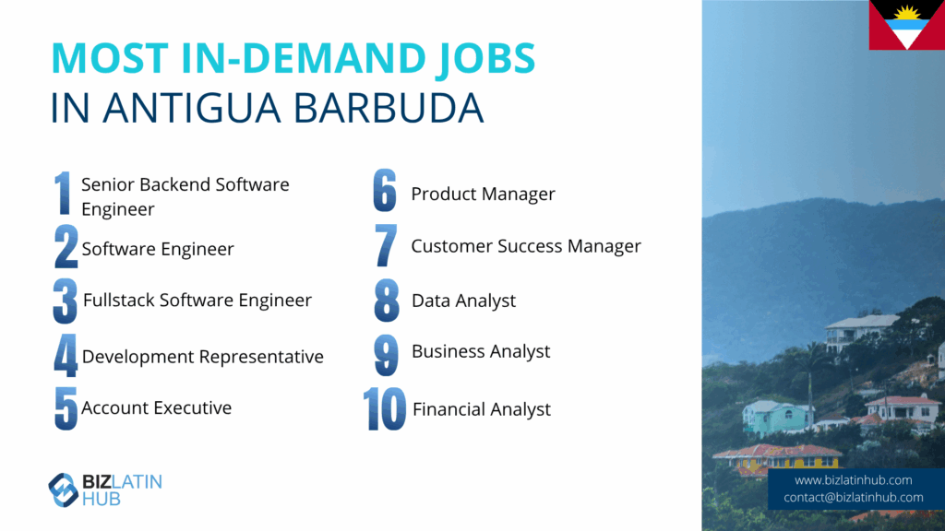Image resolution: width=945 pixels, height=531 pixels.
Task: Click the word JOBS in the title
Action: (x=484, y=59)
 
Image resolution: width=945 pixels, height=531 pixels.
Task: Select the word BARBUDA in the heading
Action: (x=389, y=109)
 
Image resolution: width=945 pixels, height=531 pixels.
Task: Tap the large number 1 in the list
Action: (x=63, y=193)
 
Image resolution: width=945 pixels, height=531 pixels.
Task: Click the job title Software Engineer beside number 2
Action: (x=158, y=249)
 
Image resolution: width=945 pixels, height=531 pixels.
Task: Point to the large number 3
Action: (x=66, y=301)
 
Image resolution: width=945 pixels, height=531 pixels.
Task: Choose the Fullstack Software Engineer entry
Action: (x=197, y=300)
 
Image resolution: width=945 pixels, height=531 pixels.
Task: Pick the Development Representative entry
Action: (x=202, y=357)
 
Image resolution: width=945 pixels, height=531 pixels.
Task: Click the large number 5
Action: (x=66, y=407)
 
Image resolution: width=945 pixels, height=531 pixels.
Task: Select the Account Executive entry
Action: (x=156, y=407)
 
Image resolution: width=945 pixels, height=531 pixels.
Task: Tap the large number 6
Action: (x=385, y=190)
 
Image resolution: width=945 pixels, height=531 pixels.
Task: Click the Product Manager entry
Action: (x=483, y=194)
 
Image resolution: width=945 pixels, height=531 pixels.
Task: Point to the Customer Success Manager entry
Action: (x=525, y=246)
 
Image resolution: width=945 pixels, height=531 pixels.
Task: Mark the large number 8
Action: (x=387, y=300)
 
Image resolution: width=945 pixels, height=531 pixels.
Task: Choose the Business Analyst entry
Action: (x=480, y=351)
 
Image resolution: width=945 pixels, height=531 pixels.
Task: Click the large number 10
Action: (x=385, y=408)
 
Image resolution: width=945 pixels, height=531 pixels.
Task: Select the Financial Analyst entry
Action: (x=481, y=409)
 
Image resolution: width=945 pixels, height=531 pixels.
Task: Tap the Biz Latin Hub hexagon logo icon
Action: (x=64, y=490)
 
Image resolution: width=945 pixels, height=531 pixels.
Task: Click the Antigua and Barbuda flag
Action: (x=906, y=25)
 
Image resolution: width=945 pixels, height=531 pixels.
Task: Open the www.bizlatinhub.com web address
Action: (x=853, y=480)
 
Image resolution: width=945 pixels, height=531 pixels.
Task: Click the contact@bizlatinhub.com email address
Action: (x=853, y=498)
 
